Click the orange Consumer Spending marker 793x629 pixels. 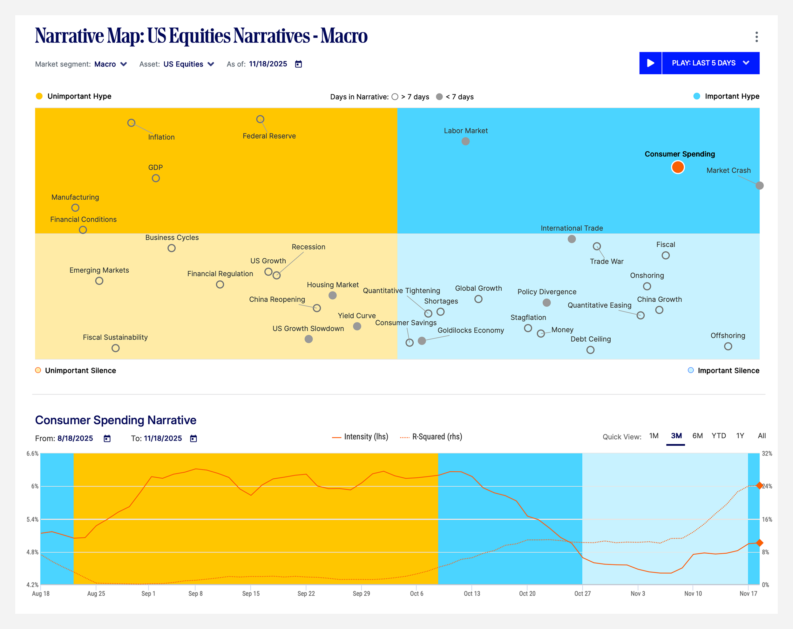(677, 167)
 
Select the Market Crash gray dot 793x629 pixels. (759, 186)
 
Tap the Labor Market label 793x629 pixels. (466, 131)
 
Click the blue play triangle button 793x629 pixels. (650, 63)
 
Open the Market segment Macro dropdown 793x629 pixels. (110, 64)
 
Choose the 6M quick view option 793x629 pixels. (697, 436)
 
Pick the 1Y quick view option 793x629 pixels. (740, 436)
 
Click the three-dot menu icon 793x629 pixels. (756, 37)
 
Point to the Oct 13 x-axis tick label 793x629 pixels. (472, 594)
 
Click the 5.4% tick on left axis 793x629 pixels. (32, 519)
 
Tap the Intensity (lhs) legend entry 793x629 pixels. (361, 437)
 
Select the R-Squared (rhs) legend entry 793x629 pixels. (431, 437)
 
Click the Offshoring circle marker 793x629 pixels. (728, 346)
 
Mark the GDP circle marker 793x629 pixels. (156, 178)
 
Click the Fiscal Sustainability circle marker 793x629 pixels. (116, 348)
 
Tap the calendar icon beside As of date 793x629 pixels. (298, 64)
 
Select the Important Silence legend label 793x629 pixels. (728, 371)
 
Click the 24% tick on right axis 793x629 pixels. (767, 486)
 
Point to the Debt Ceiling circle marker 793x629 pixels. (590, 350)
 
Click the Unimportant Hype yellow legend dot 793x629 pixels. (39, 96)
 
